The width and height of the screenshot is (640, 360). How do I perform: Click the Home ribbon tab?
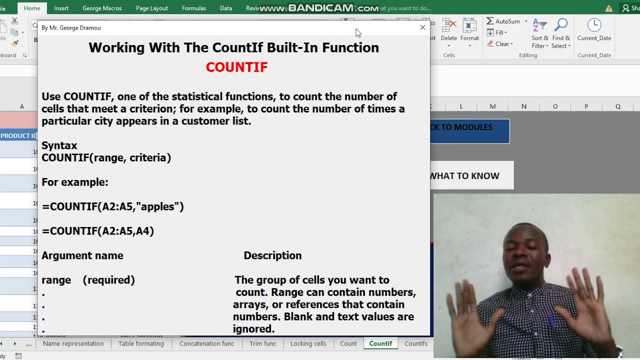32,8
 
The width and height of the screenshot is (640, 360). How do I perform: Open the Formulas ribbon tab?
193,8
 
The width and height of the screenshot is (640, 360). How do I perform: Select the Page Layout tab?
151,8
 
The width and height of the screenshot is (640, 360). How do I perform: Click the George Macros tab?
102,8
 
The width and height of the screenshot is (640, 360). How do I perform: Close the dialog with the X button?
422,27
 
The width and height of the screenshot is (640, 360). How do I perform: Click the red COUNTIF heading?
236,67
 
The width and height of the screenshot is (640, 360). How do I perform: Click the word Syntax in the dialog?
59,145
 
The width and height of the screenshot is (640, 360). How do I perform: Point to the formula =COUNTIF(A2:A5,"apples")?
112,206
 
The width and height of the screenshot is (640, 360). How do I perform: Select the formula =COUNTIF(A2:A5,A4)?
97,231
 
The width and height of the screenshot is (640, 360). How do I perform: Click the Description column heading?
272,255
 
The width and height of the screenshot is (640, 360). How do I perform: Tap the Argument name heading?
82,255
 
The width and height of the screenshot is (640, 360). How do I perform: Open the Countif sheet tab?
380,343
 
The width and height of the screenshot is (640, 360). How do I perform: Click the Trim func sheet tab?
262,343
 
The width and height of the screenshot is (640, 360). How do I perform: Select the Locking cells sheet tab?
308,343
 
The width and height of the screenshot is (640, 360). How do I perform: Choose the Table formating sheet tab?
141,343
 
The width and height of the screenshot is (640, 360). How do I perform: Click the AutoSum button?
506,21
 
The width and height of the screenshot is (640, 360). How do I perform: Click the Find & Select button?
561,33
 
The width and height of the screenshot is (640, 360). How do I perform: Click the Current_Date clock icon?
594,25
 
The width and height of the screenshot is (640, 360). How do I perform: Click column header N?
524,106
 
